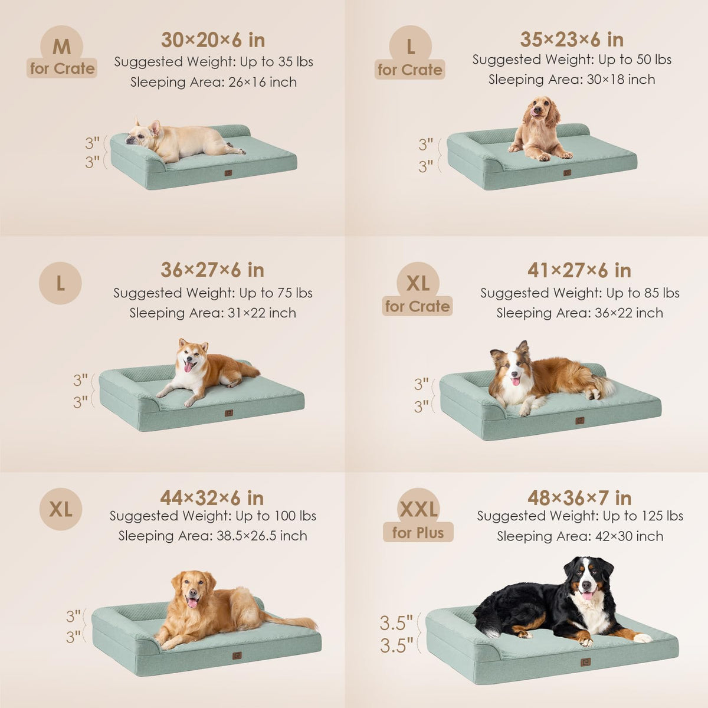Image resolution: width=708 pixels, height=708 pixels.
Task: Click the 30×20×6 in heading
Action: pos(213,40)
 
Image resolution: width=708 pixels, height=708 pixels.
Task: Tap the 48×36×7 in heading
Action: pos(579,498)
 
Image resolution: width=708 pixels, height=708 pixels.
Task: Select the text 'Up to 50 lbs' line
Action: pos(635,60)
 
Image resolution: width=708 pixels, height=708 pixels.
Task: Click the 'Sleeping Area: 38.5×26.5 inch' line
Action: pos(213,536)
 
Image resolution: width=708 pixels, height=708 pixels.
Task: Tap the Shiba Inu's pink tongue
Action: pos(188,366)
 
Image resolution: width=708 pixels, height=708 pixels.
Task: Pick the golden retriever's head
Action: pos(194,588)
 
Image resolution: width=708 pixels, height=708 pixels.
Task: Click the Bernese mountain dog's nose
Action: pos(586,584)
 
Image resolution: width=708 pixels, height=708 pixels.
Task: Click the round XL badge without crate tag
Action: pos(61,509)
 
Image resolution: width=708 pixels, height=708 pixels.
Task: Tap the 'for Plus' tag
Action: pos(418,532)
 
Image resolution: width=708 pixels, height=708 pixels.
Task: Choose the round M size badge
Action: pos(61,46)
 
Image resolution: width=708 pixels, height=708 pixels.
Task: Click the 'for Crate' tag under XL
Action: pos(417,306)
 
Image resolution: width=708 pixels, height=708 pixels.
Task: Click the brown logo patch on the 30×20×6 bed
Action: pos(228,173)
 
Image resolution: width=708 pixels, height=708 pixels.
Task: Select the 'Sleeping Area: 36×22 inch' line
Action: pos(580,313)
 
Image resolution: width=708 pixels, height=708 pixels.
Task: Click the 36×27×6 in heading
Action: pos(212,270)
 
